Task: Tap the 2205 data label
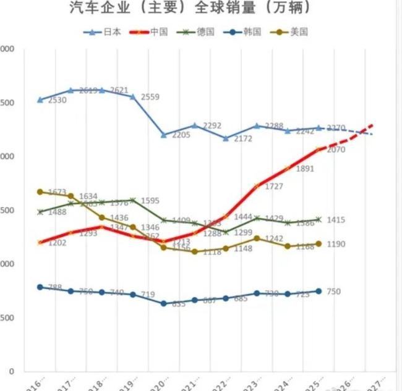pos(181,135)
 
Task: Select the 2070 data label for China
pos(336,150)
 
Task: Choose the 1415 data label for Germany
pos(336,220)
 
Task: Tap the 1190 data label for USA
pos(336,244)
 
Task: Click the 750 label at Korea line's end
pos(334,292)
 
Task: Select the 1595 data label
pos(150,201)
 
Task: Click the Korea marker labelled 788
pos(40,287)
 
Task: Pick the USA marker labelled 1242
pos(257,238)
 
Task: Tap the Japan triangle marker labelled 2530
pos(40,99)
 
